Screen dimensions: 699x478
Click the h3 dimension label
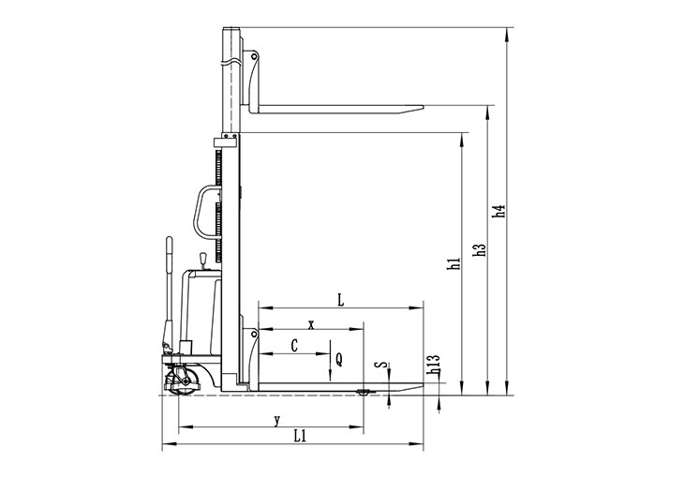click(x=480, y=250)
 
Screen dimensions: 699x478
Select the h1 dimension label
click(x=454, y=264)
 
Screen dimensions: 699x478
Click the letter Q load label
click(x=339, y=359)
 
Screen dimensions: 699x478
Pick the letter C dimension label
click(x=294, y=346)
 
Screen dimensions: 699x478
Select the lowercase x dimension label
click(x=311, y=324)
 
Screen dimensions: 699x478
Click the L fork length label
click(x=341, y=300)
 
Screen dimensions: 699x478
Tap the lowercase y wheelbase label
click(x=277, y=420)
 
